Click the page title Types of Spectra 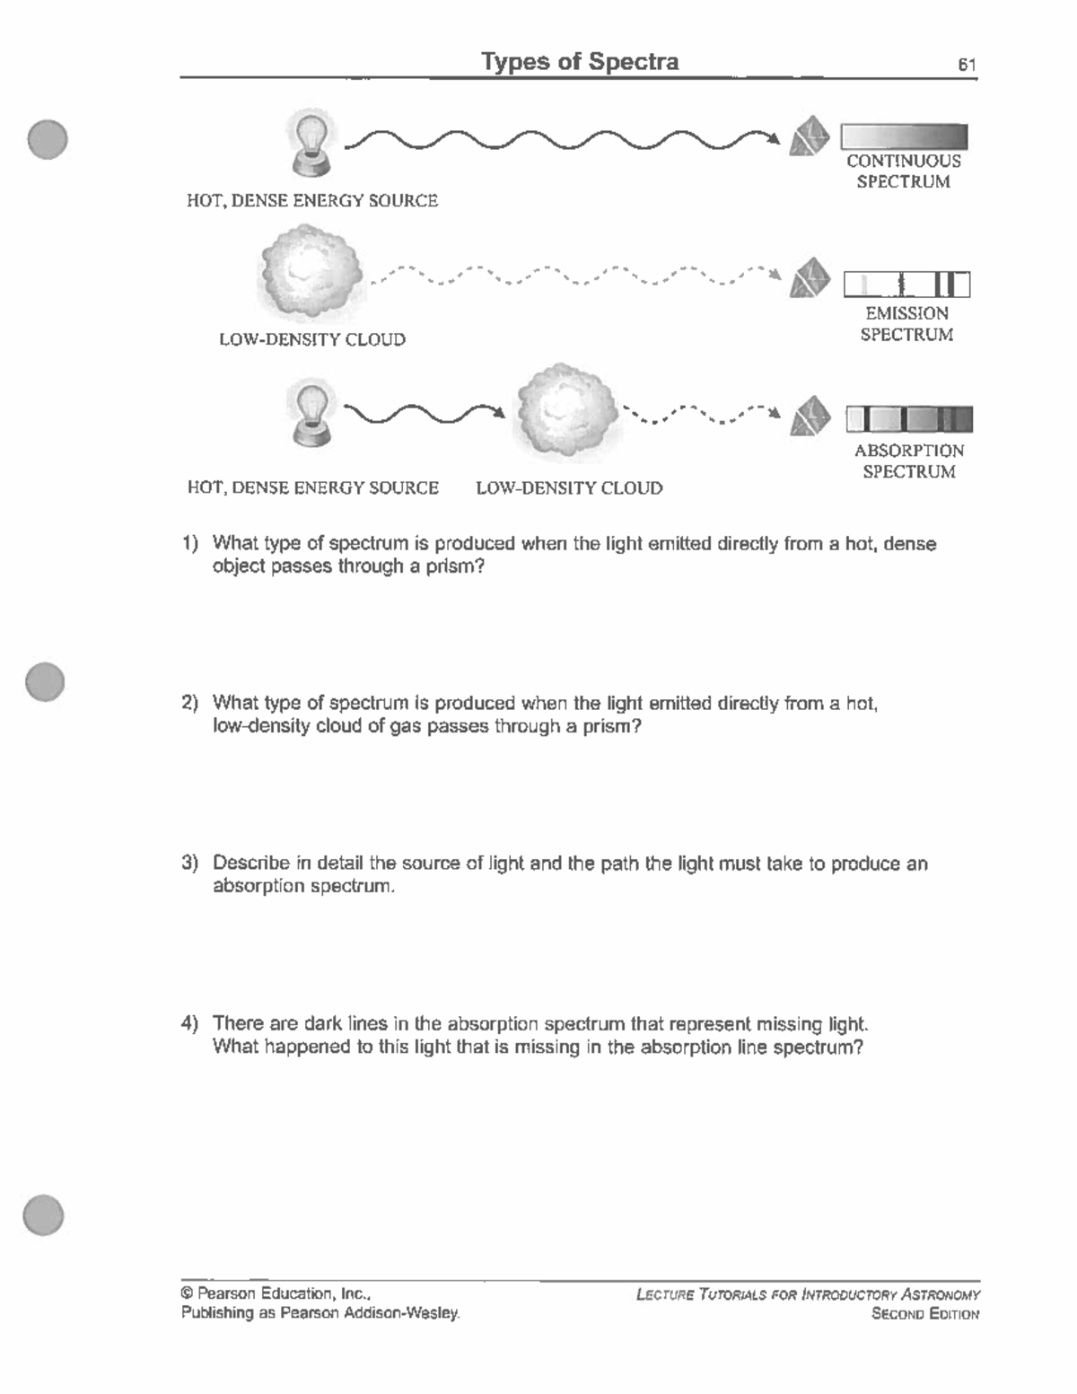pos(580,62)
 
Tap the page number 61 pos(967,65)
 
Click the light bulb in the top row pos(310,142)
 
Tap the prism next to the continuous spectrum pos(810,136)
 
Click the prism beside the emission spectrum pos(810,278)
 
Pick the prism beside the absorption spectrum pos(810,416)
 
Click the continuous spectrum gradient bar pos(904,136)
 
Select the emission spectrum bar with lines pos(906,285)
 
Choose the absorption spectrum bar pos(908,419)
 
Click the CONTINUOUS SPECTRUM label pos(904,171)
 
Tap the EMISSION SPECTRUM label pos(906,324)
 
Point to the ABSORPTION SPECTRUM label pos(909,461)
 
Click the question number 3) pos(189,864)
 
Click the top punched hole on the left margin pos(47,139)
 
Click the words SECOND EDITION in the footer pos(924,1314)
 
